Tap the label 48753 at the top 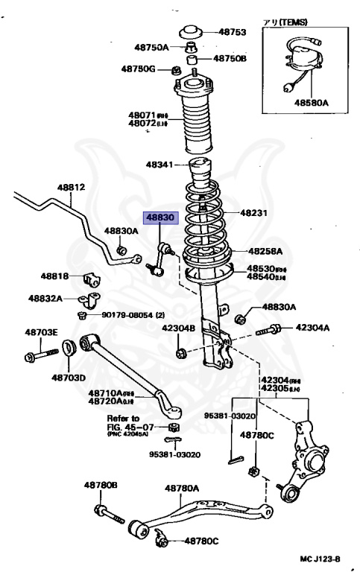[231, 32]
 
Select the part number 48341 [160, 164]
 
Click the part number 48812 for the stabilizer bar [72, 188]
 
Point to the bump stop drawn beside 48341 [198, 174]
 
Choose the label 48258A [265, 252]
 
